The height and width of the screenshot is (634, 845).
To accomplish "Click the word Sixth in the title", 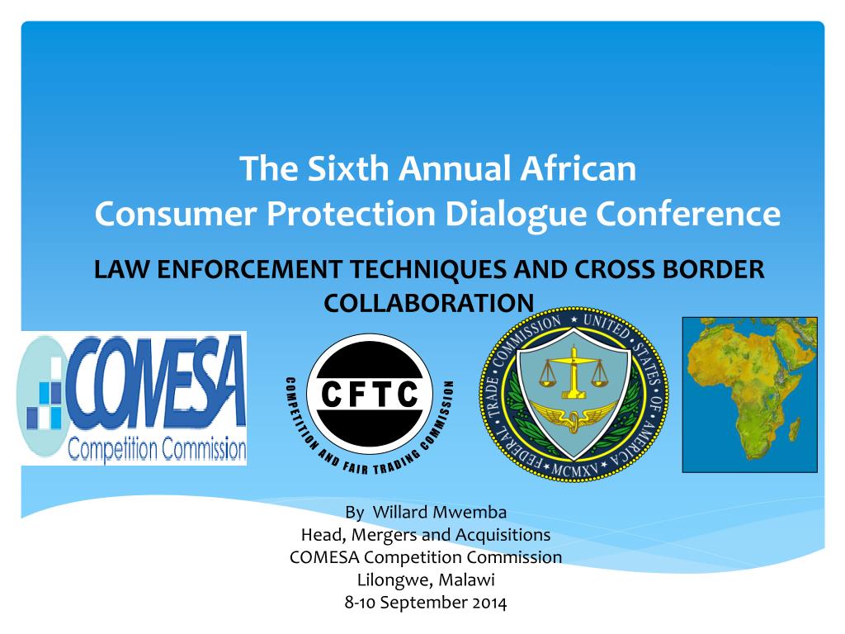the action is coord(347,168).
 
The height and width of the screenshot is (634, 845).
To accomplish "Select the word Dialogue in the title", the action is coord(515,214).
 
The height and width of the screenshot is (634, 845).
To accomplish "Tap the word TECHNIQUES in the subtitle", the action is coord(428,269).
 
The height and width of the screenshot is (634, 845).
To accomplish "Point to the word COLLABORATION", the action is coord(428,303).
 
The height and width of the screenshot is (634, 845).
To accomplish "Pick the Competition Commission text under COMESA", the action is coord(157,449).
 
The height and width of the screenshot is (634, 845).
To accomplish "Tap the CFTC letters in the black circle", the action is coord(370,394).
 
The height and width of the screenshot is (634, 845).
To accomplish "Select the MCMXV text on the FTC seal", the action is coord(574,470).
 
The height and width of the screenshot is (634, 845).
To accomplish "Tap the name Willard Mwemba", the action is coord(439,512).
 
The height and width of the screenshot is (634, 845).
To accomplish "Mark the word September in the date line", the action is coord(424,603).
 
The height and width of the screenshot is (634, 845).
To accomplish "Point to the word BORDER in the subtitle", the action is coord(713,269).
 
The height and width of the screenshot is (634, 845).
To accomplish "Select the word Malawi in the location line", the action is coord(467,580).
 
